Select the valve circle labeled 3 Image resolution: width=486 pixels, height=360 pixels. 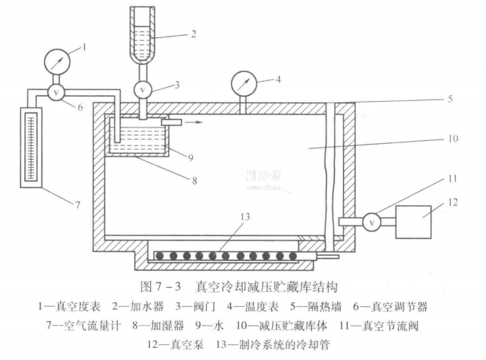(x=143, y=90)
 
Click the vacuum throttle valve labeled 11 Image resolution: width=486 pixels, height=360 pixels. (x=371, y=222)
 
